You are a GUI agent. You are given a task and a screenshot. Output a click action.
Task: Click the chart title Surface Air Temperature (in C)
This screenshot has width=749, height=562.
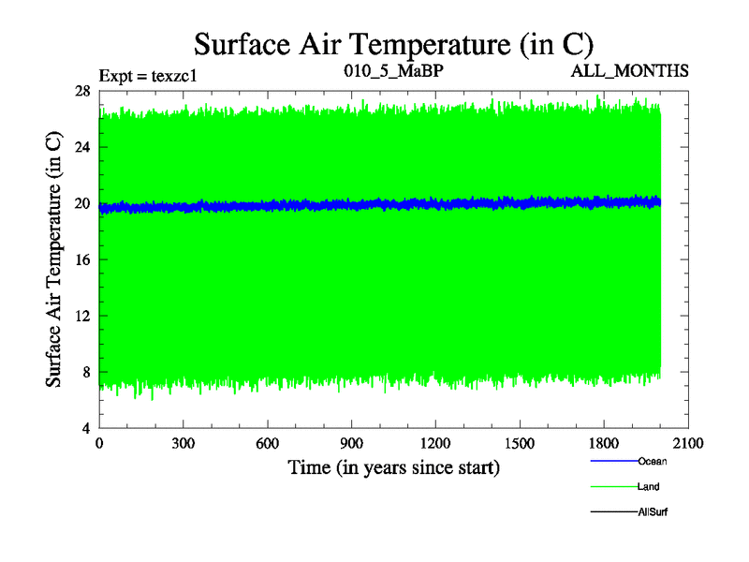coord(393,44)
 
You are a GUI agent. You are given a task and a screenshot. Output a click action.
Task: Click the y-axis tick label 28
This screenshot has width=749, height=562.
coord(81,91)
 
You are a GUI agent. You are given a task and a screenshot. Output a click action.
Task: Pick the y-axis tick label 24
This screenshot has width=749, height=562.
coord(81,147)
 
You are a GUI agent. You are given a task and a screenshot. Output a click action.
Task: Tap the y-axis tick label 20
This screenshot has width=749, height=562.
coord(81,203)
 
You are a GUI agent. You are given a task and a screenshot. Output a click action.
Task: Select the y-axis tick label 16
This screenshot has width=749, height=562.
coord(81,259)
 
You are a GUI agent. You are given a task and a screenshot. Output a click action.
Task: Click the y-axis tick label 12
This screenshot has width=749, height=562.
coord(81,316)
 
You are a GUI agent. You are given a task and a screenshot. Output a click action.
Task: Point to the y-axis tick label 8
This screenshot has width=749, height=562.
coord(85,372)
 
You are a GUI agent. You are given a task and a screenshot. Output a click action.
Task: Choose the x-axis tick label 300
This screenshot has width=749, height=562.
coord(184,444)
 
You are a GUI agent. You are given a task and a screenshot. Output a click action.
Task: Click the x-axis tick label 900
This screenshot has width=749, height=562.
coord(352,444)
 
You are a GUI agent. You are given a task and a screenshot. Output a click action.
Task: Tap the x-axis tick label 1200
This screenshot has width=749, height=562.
coord(435,444)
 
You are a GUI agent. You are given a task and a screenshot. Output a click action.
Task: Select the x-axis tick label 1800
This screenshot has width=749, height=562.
coord(604,444)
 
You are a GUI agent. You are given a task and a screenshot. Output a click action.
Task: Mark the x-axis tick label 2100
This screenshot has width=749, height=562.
coord(688,444)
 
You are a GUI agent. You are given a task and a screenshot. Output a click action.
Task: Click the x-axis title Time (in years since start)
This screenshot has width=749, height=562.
coord(393,466)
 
